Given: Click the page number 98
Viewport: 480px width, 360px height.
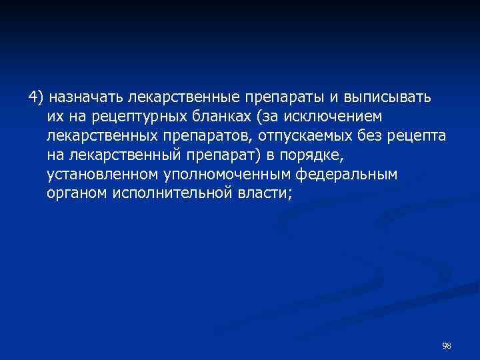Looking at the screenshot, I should click(x=447, y=345).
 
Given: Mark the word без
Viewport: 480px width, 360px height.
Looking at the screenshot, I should click(x=388, y=136).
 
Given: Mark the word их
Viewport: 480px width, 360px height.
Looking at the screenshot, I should click(x=55, y=117).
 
